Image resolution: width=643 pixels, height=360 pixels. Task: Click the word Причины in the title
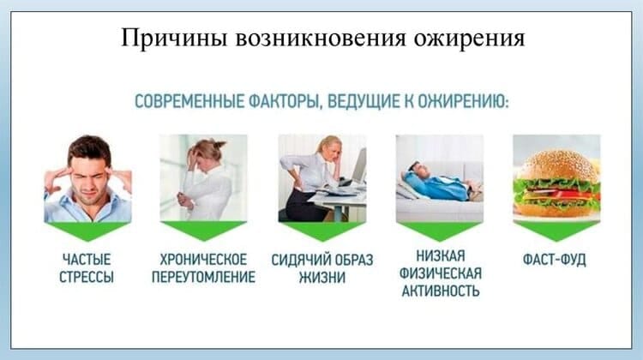(174, 39)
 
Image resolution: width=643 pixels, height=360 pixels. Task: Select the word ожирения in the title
(469, 39)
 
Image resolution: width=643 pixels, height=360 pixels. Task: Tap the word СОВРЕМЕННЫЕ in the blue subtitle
(189, 101)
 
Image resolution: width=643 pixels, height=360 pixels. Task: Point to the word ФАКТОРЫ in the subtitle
(284, 102)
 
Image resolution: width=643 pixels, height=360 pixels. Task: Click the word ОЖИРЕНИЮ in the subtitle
(463, 101)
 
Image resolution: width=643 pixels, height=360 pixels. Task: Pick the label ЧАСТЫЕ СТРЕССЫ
(87, 268)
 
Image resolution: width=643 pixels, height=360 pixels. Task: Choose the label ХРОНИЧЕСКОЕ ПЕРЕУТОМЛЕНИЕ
(203, 268)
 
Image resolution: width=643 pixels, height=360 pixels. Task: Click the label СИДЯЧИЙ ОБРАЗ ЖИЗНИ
(322, 268)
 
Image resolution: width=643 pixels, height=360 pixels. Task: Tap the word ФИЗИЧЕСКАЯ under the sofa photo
(441, 273)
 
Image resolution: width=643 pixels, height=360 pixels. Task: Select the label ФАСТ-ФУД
(555, 260)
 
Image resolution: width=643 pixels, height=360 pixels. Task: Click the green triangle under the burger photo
(556, 231)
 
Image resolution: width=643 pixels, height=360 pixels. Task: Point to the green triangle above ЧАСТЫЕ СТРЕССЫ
(87, 231)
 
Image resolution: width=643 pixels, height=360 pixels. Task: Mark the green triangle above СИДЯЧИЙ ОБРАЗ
(322, 231)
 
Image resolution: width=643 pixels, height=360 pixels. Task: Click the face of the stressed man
(88, 180)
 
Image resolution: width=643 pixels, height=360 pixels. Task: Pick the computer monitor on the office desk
(359, 165)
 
